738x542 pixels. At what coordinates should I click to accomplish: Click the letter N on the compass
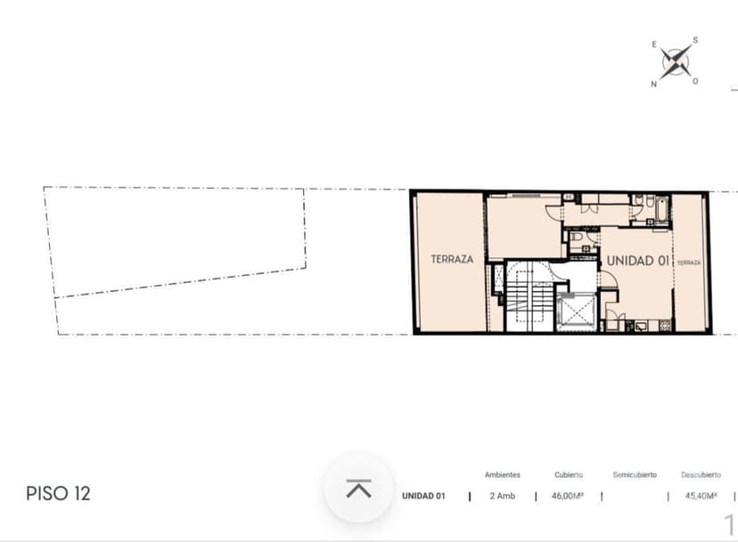(653, 85)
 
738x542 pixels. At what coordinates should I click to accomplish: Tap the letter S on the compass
(695, 40)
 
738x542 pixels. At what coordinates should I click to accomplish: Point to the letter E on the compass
(654, 44)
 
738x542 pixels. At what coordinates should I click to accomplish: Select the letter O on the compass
(695, 81)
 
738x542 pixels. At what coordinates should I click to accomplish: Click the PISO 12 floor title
(58, 494)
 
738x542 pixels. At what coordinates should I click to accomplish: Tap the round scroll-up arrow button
(358, 488)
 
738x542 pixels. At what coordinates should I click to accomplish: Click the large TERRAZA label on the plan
(452, 259)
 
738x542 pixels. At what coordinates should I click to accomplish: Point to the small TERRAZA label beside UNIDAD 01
(689, 263)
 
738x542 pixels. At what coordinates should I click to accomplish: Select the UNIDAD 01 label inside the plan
(638, 261)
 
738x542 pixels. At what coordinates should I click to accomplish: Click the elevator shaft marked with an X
(575, 311)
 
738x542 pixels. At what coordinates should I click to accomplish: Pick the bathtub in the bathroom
(661, 210)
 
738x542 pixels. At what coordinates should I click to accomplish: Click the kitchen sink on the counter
(641, 326)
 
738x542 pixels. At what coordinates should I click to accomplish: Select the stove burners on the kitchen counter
(665, 326)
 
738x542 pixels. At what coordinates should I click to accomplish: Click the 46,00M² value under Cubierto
(568, 496)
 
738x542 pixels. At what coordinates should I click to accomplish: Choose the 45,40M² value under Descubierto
(701, 496)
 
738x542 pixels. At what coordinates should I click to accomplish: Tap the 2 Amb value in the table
(502, 496)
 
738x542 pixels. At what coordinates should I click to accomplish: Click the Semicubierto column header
(635, 474)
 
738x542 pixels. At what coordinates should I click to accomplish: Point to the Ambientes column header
(503, 474)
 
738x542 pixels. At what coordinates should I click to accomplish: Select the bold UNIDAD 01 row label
(423, 496)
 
